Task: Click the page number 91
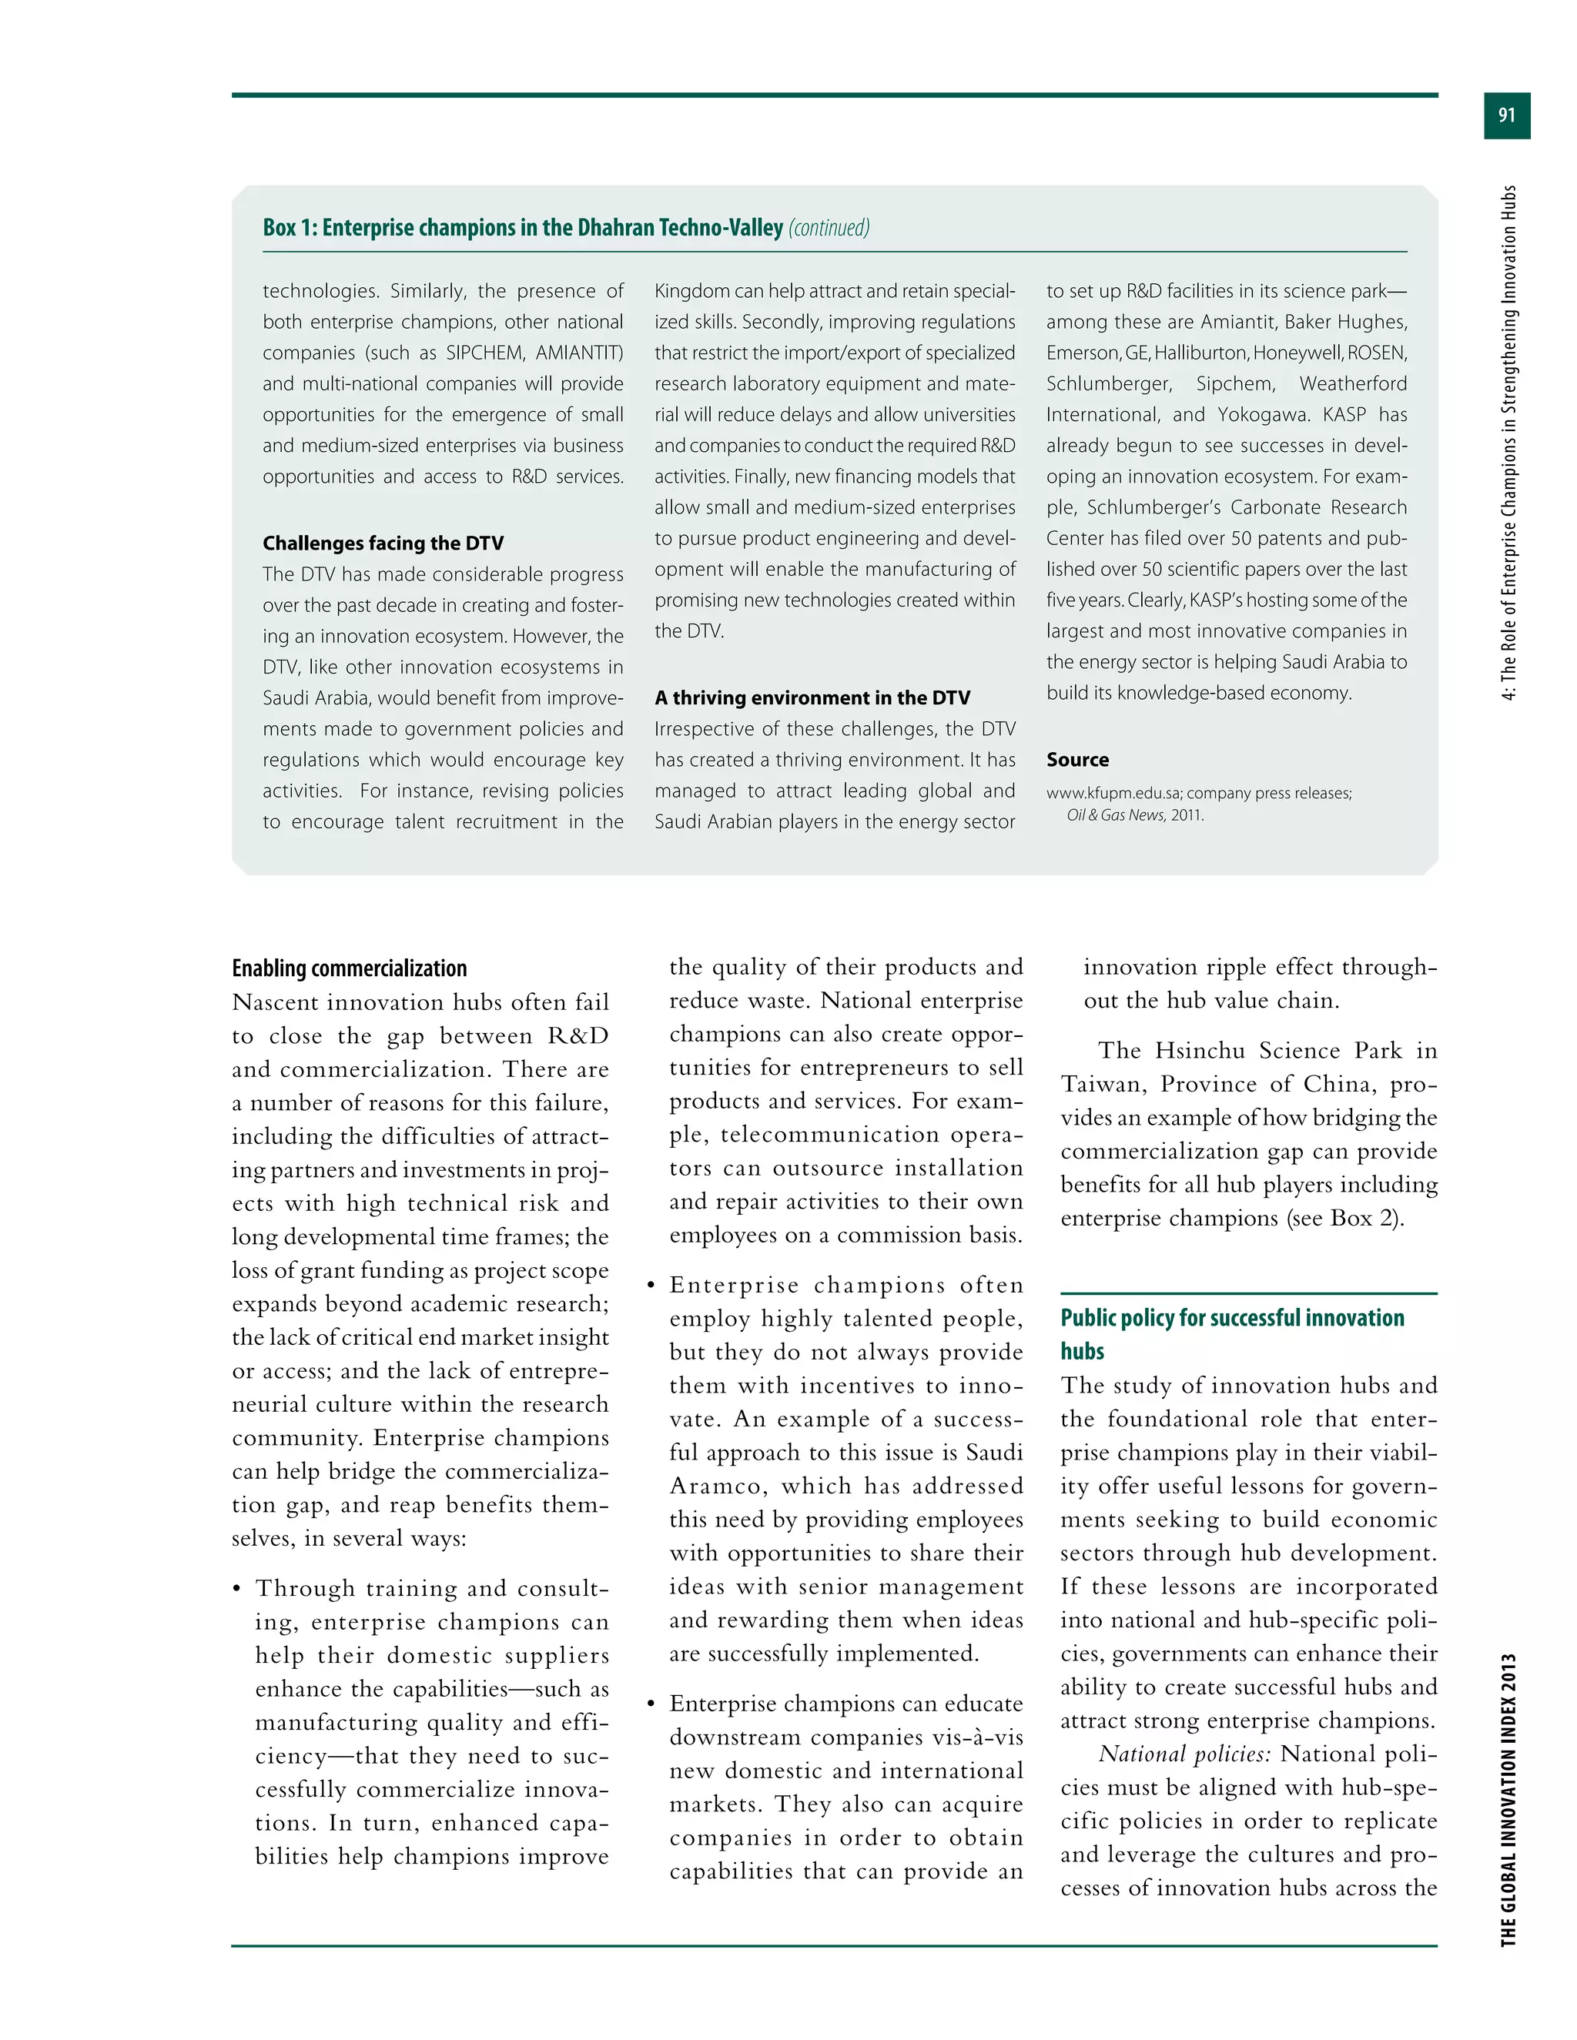(1506, 115)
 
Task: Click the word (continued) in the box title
(829, 228)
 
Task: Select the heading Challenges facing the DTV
(383, 543)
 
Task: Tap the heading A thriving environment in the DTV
(812, 697)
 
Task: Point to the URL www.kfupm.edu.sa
(1112, 793)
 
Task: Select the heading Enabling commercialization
(350, 968)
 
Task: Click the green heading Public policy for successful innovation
(1231, 1318)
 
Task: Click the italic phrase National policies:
(1184, 1754)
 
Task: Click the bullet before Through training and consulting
(237, 1590)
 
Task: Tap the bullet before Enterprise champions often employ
(651, 1286)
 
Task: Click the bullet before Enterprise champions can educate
(651, 1704)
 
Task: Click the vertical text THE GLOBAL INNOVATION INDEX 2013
(1508, 1799)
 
